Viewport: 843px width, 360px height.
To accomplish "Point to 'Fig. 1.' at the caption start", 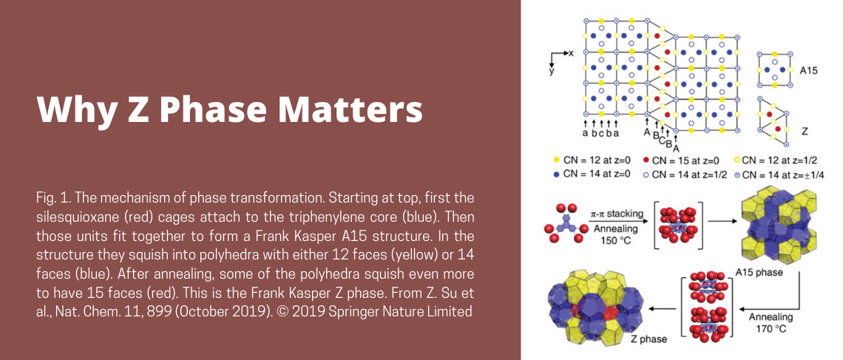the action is coord(53,197).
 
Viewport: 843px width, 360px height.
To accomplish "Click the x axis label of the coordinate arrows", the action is coord(572,52).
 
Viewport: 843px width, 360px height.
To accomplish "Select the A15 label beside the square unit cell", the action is coord(808,69).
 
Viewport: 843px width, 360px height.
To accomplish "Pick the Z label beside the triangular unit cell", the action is coord(805,131).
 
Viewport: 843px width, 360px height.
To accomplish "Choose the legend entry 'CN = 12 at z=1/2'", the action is coord(775,160).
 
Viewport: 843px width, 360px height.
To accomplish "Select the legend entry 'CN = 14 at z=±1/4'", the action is coord(779,174).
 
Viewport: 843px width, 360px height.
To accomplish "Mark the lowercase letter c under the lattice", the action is coord(601,133).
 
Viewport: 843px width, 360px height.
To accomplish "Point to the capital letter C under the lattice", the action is coord(663,141).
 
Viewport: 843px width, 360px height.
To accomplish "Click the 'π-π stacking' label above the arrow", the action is coord(617,214).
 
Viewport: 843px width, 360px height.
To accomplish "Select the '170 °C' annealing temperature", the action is coord(771,328).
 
